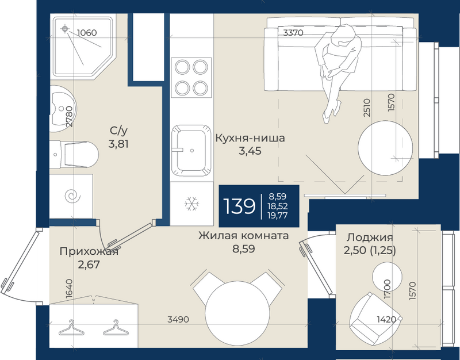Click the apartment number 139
tap(239, 206)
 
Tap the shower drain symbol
tap(65, 29)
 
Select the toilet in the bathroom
tap(74, 154)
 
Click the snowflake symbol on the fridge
tap(192, 204)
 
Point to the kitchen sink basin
tap(191, 151)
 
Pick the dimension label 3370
tap(293, 33)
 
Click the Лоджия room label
tap(370, 238)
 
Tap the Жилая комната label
tap(243, 236)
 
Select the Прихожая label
tap(89, 251)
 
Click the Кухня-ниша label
tap(250, 138)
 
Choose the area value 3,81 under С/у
tap(118, 144)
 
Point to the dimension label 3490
tap(178, 319)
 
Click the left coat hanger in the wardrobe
tap(71, 328)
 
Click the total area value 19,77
tap(277, 215)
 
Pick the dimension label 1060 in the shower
tap(87, 33)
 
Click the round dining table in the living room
tap(237, 313)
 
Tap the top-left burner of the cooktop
tap(182, 67)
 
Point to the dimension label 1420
tap(386, 319)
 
